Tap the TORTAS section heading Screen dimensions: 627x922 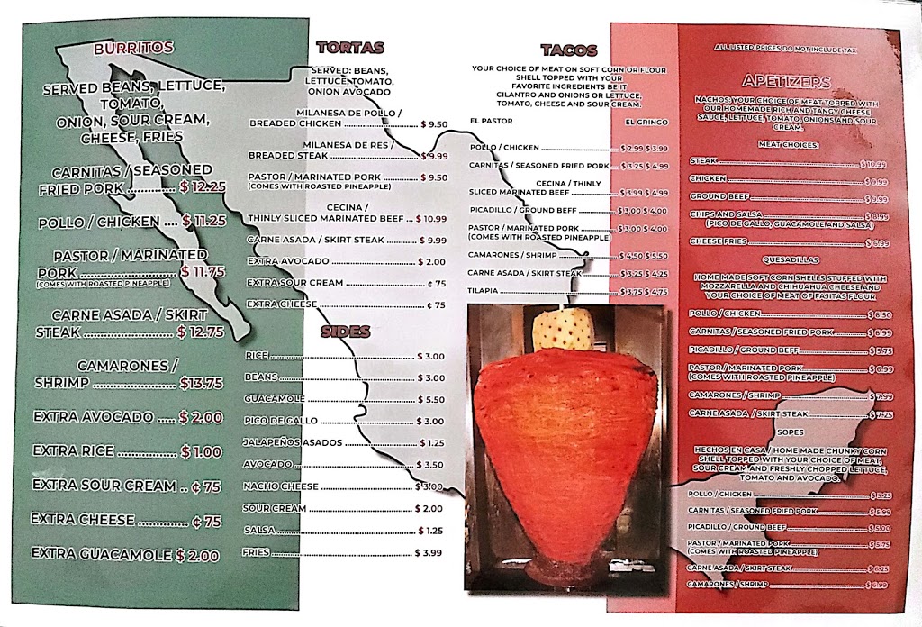click(350, 48)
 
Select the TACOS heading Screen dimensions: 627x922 click(565, 50)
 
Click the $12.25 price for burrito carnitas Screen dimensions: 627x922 click(202, 187)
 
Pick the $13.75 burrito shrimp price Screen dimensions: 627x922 click(201, 383)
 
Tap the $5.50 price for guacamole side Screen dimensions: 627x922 click(430, 399)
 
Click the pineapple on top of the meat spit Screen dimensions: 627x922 click(563, 332)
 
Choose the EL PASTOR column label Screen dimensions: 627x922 click(492, 120)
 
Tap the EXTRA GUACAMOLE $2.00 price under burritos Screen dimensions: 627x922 click(197, 556)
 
